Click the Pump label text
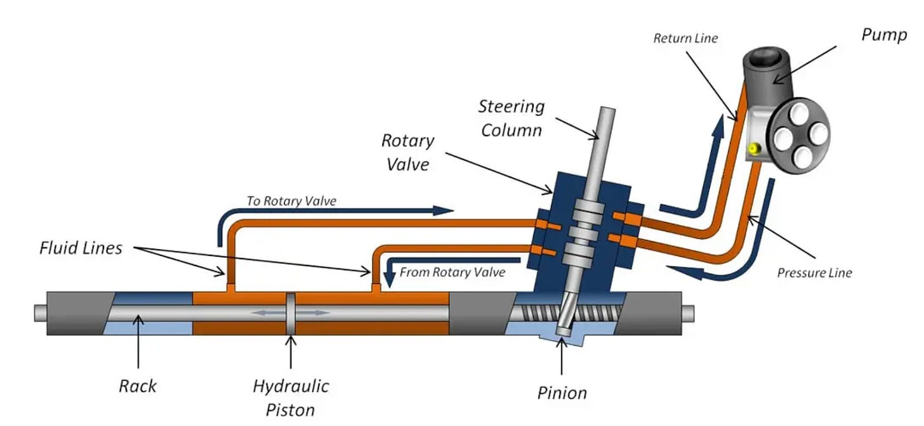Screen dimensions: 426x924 pos(884,35)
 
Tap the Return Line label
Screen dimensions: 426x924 pos(685,39)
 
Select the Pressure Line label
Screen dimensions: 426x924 pos(814,273)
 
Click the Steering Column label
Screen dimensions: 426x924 pos(511,118)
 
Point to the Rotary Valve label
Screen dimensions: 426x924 pos(407,152)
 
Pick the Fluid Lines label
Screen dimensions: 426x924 pos(81,248)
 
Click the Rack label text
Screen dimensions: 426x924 pos(138,385)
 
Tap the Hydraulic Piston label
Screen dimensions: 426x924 pos(291,397)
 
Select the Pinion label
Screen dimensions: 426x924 pos(562,393)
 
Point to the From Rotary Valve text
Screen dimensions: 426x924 pos(452,273)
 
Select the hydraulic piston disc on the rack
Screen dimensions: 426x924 pos(291,313)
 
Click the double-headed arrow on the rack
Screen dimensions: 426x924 pos(291,313)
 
